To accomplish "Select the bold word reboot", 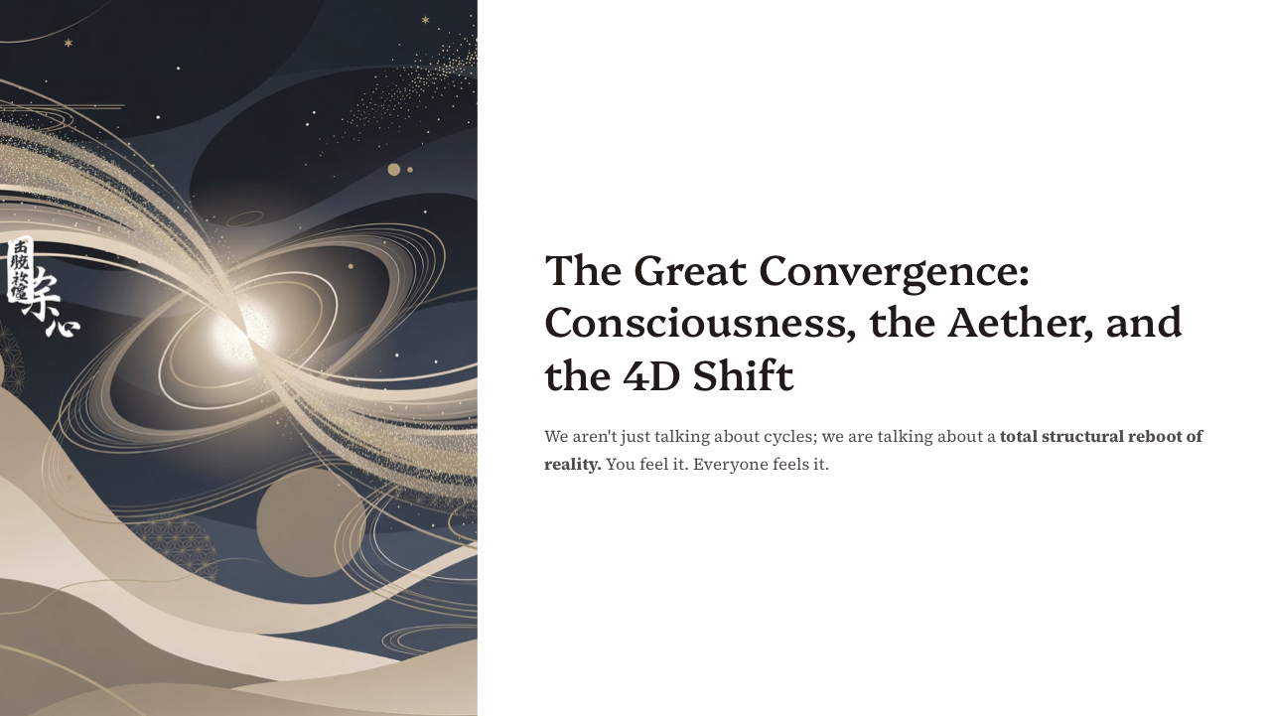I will tap(1160, 437).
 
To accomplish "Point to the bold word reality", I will tap(572, 465).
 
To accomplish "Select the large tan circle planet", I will tap(311, 522).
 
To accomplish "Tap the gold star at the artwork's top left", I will tap(69, 43).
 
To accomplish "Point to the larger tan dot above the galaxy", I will tap(393, 170).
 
